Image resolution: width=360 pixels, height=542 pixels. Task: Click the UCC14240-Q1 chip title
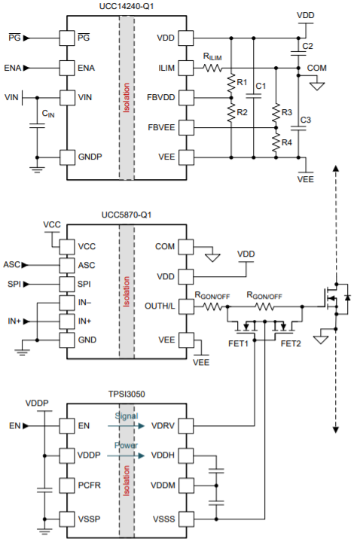point(126,7)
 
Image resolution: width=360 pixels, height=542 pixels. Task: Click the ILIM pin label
point(166,68)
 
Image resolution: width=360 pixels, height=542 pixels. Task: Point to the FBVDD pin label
point(163,98)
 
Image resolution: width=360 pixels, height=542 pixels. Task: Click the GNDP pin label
point(90,157)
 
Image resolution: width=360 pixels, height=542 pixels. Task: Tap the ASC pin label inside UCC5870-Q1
point(86,264)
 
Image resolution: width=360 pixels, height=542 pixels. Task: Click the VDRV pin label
point(163,426)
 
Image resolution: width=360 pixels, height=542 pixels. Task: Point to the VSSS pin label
point(163,518)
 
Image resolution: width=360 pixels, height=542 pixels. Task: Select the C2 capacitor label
point(307,47)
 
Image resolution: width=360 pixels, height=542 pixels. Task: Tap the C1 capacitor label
point(261,87)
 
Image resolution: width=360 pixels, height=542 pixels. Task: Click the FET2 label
point(291,343)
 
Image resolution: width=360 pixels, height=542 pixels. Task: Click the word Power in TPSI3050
point(126,445)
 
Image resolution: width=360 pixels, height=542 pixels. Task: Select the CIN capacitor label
point(47,114)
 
